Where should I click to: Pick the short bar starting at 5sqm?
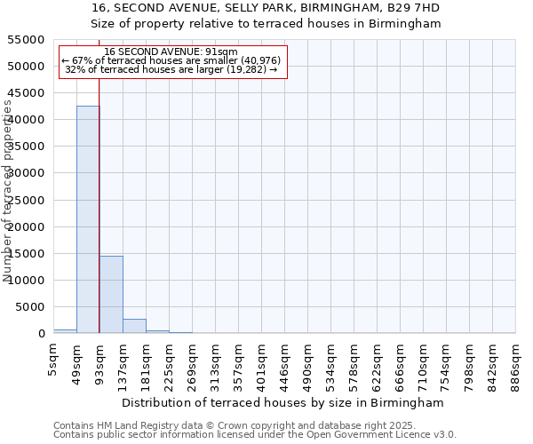65,331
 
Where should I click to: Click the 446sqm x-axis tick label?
284,364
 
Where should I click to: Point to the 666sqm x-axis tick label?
400,364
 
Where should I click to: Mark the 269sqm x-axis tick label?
192,364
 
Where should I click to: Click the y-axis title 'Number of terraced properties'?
8,191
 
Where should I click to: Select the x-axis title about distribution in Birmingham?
284,402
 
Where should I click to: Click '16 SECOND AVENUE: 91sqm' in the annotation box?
171,52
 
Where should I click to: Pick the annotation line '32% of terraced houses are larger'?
171,69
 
